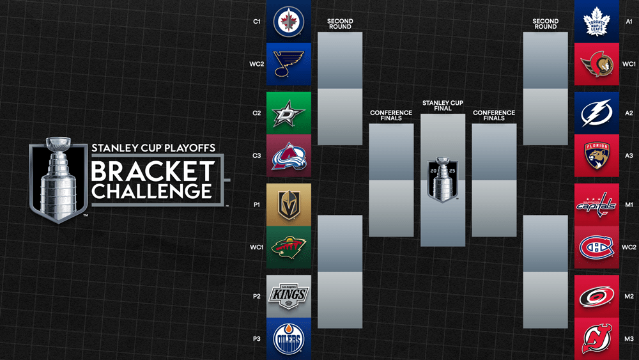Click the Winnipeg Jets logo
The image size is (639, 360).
coord(289,21)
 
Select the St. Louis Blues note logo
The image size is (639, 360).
coord(289,64)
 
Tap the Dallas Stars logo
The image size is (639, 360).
coord(289,113)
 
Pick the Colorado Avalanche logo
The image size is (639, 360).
coord(289,156)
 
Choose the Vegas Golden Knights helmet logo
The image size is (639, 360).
coord(289,205)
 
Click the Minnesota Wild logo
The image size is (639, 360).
coord(289,247)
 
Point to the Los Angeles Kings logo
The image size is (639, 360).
coord(289,297)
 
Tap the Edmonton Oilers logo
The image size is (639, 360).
coord(289,339)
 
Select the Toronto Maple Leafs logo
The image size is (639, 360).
coord(597,21)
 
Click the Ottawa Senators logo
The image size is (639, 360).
coord(597,64)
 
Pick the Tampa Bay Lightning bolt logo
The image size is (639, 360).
coord(597,113)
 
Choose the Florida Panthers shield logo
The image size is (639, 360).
coord(597,155)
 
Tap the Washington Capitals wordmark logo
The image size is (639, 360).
coord(596,205)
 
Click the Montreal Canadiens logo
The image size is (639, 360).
coord(597,247)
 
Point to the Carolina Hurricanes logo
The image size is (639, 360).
coord(597,297)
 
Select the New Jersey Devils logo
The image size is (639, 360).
coord(597,338)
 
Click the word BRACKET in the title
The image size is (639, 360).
coord(153,171)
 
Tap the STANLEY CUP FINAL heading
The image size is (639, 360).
coord(443,106)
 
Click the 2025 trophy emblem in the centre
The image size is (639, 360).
coord(443,179)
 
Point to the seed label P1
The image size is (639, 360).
coord(257,205)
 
